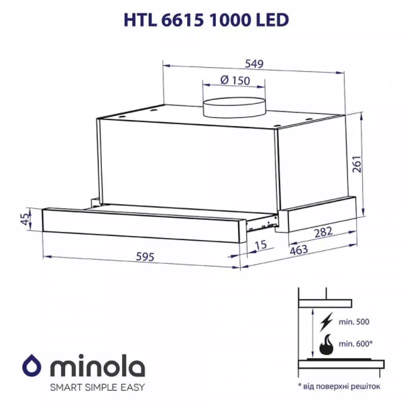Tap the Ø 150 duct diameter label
pyautogui.click(x=235, y=80)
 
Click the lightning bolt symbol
pyautogui.click(x=326, y=322)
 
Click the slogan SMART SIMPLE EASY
pyautogui.click(x=97, y=387)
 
